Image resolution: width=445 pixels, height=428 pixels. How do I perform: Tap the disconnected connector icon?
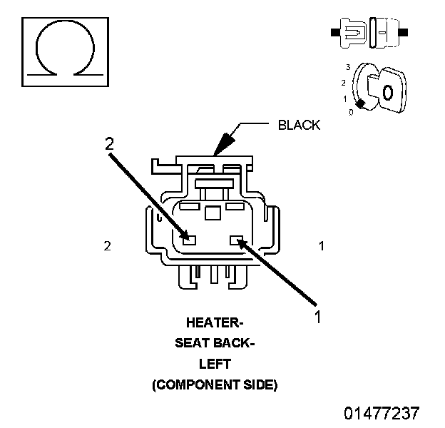(x=369, y=33)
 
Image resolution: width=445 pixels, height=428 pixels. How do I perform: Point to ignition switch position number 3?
(x=347, y=66)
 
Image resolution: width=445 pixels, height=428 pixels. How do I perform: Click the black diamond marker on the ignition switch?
(x=361, y=105)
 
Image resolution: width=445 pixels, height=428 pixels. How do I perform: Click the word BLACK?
(x=299, y=126)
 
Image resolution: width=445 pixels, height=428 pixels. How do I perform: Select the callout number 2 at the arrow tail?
(x=109, y=143)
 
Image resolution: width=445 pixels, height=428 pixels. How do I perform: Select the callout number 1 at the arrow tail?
(x=319, y=316)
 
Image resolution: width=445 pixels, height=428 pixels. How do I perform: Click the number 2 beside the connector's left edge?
(x=107, y=246)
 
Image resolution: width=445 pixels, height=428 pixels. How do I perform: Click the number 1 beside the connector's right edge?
(x=322, y=246)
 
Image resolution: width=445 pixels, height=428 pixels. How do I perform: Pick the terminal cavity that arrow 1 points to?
(x=236, y=240)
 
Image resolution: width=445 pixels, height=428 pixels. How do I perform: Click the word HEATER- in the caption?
(x=214, y=322)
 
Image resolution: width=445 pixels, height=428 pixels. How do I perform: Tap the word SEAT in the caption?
(x=190, y=343)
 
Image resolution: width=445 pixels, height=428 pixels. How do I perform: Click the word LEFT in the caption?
(x=214, y=364)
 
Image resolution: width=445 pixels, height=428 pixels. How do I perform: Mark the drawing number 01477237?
(x=382, y=413)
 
